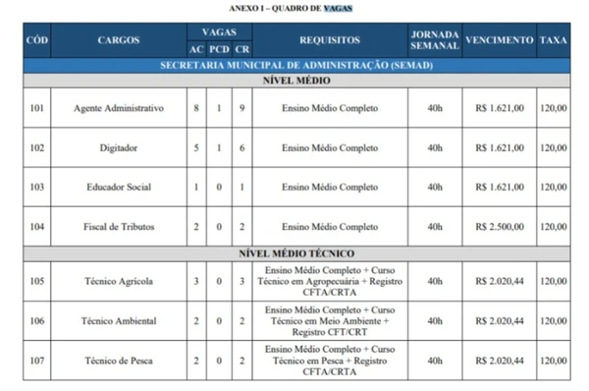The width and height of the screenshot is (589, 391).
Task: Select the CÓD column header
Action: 36,40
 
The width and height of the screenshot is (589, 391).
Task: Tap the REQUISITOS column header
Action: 330,40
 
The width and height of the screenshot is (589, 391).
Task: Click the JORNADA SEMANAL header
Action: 434,40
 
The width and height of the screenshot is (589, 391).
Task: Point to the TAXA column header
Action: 553,40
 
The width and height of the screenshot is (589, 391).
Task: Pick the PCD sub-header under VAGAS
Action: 220,49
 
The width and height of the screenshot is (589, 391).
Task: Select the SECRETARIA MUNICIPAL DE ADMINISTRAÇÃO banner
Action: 295,65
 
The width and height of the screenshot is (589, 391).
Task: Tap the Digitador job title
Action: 119,147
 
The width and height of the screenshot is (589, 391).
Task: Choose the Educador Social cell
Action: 119,187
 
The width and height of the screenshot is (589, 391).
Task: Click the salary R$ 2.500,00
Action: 500,227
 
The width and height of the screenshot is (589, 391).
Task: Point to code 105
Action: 36,280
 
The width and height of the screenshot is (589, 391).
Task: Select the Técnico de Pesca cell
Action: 119,361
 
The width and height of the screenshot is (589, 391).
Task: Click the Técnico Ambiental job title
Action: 119,320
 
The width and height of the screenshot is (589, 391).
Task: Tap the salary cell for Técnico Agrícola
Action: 500,280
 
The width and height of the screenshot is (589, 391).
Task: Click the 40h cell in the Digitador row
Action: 434,147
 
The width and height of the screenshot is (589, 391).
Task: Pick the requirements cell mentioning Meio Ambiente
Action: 330,320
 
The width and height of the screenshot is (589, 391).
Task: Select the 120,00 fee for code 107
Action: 553,361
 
